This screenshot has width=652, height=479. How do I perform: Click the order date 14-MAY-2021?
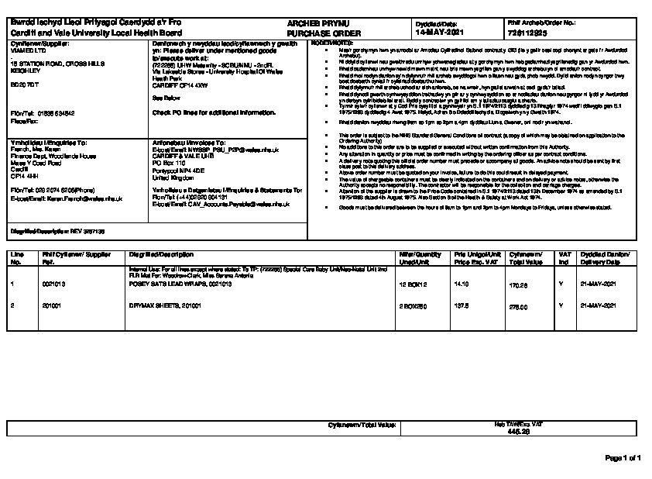click(439, 33)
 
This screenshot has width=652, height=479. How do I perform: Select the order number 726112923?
click(529, 33)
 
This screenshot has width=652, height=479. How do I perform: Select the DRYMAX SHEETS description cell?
click(165, 306)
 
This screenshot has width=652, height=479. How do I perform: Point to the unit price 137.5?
click(461, 306)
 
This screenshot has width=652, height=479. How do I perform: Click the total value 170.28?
click(517, 286)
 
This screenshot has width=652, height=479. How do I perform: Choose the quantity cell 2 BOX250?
click(413, 306)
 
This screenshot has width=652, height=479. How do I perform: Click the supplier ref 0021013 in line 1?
click(53, 284)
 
